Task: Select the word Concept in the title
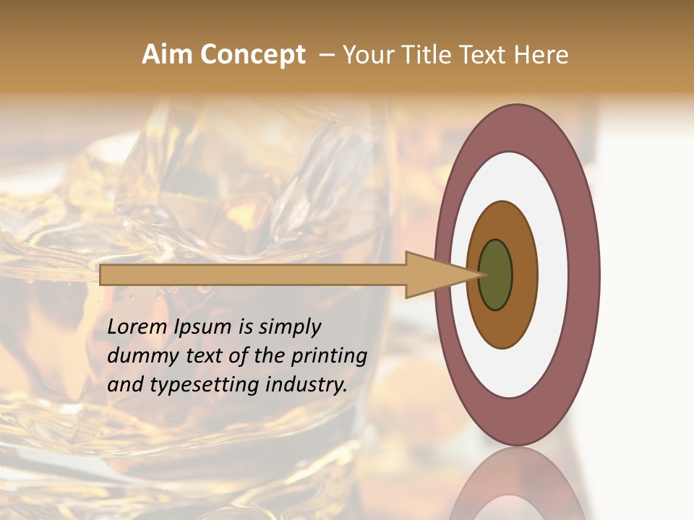(x=253, y=55)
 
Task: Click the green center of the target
(x=495, y=274)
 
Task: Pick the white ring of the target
(x=553, y=274)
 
